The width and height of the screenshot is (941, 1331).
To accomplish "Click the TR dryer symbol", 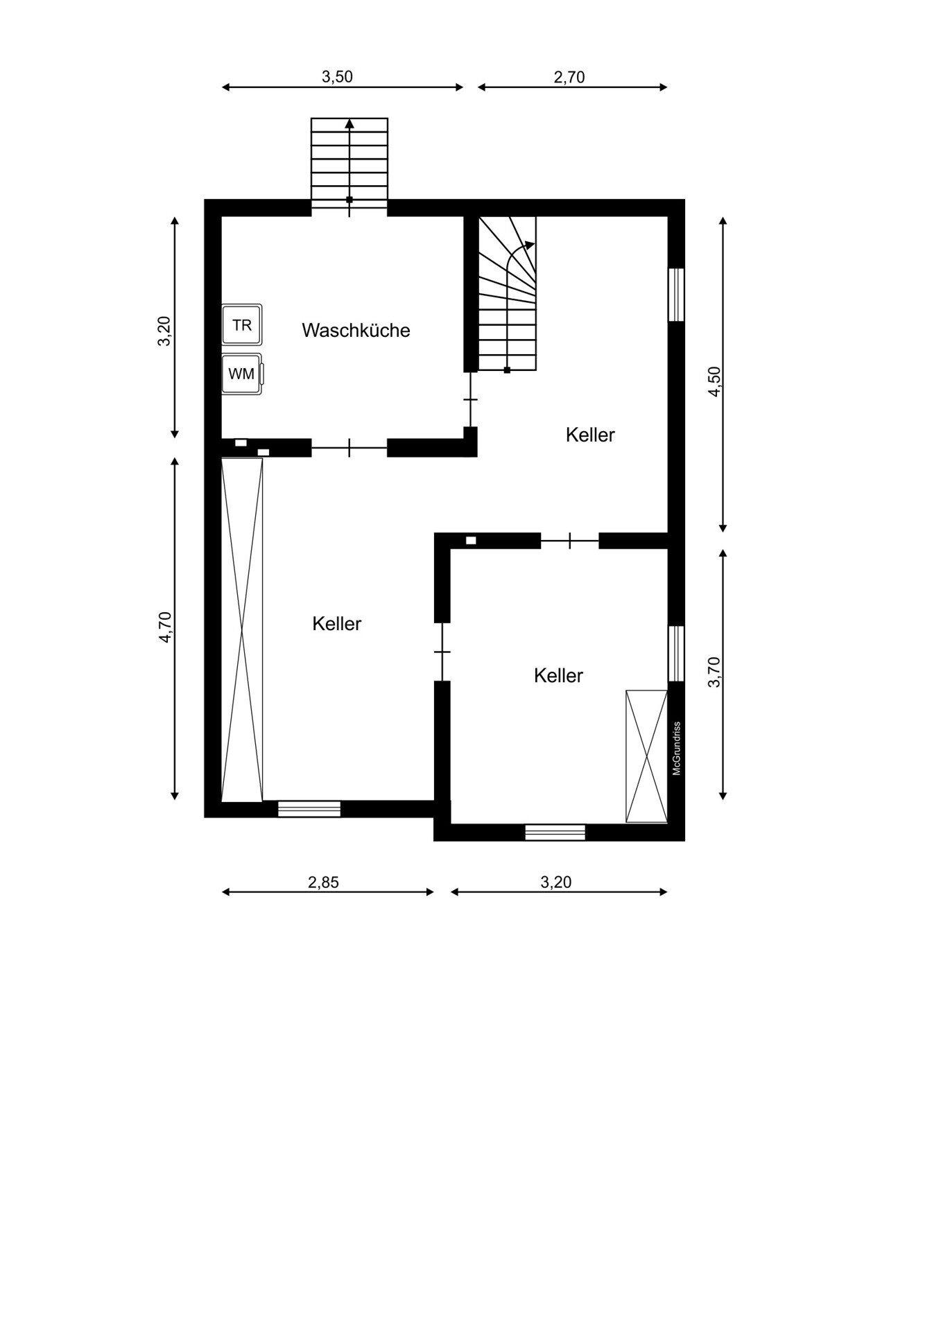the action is coord(242,324).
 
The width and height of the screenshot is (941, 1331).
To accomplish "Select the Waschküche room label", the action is coord(356,330).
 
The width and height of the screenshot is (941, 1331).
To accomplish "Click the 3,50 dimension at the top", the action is coord(337,77).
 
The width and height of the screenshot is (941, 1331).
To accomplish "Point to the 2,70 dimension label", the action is coord(569,77).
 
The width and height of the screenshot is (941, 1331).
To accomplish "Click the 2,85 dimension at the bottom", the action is coord(323,882).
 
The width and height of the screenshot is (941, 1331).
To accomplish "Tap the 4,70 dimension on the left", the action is coord(166,627).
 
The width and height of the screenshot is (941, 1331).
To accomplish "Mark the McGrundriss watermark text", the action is coord(677,748).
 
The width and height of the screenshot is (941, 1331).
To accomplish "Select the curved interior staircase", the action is coord(508,293).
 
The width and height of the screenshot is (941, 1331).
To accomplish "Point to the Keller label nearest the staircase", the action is coord(590,435).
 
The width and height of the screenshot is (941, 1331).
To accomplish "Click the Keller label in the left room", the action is coord(337,623).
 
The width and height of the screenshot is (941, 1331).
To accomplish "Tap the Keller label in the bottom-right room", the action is coord(558,675).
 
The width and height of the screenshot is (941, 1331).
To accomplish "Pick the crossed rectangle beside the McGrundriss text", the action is coord(646,756).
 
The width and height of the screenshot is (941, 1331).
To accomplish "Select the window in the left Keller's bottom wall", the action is coord(309,809).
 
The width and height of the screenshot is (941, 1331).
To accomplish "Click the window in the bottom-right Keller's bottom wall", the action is coord(555,832).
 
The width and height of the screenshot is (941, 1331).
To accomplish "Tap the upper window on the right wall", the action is coord(676,295).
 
